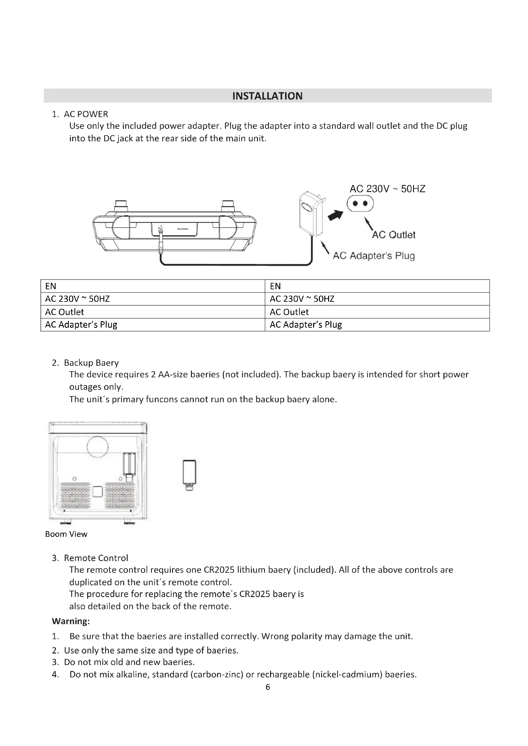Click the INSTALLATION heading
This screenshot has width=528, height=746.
pos(267,96)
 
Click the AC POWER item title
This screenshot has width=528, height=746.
pos(86,114)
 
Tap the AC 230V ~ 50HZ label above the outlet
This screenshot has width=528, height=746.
pos(387,189)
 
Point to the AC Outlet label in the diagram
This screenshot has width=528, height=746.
pos(393,235)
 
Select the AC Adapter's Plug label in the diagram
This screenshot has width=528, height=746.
pos(373,256)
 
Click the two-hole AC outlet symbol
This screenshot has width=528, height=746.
pos(360,204)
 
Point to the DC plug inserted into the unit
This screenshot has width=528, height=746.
pos(161,242)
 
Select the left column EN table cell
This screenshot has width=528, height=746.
pos(153,286)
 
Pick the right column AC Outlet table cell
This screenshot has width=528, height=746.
pos(377,312)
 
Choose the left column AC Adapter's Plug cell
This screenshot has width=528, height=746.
pos(153,325)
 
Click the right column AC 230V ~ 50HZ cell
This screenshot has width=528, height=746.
pos(377,299)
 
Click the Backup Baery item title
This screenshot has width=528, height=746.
pos(91,363)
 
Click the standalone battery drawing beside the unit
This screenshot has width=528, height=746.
pos(189,475)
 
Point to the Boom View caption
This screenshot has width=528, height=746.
pos(66,534)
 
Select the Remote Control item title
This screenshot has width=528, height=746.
pos(96,558)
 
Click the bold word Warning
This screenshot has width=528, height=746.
pos(71,621)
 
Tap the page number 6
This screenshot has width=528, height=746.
pos(268,687)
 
